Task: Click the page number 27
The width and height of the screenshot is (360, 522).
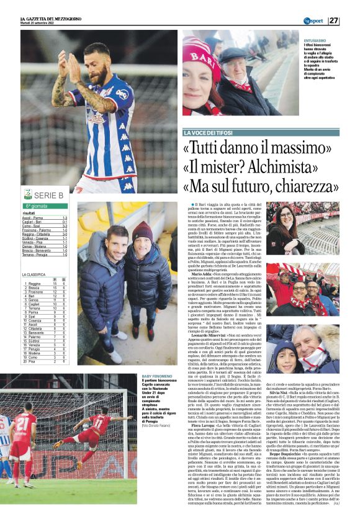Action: point(351,21)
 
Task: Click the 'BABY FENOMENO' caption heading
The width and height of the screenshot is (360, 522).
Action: point(156,377)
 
